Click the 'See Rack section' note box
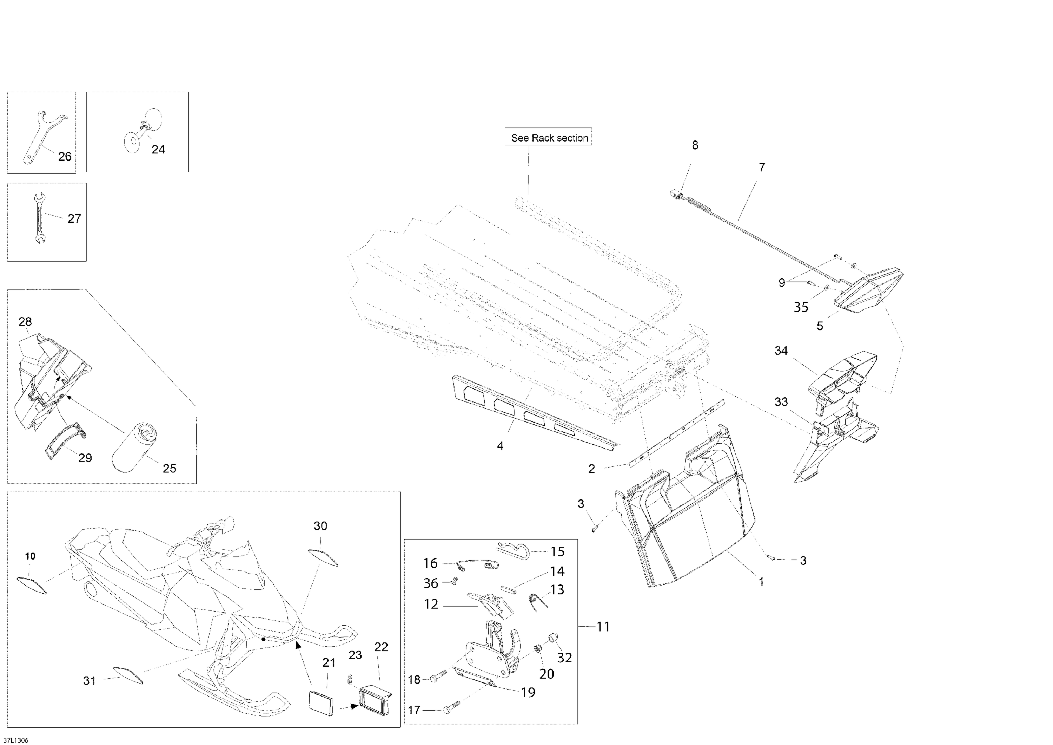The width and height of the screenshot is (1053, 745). coord(549,137)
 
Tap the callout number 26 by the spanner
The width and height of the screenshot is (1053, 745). coord(65,157)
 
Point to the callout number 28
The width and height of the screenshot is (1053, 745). coord(25,321)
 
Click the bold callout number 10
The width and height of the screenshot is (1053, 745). coord(30,556)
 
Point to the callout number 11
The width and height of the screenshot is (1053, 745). coord(603,627)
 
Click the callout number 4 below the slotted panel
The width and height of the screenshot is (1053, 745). coord(501,445)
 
